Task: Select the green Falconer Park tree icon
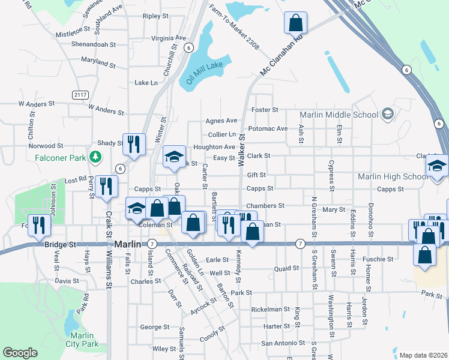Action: [94, 157]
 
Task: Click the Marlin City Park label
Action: [83, 340]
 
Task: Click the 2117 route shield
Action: [79, 95]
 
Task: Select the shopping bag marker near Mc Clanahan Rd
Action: [296, 23]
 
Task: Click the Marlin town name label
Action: [127, 244]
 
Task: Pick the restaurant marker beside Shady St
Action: [134, 144]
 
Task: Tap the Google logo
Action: [20, 353]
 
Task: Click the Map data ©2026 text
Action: [423, 355]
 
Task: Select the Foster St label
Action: [265, 110]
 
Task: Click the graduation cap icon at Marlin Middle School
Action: [388, 114]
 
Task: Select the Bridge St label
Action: [60, 245]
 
